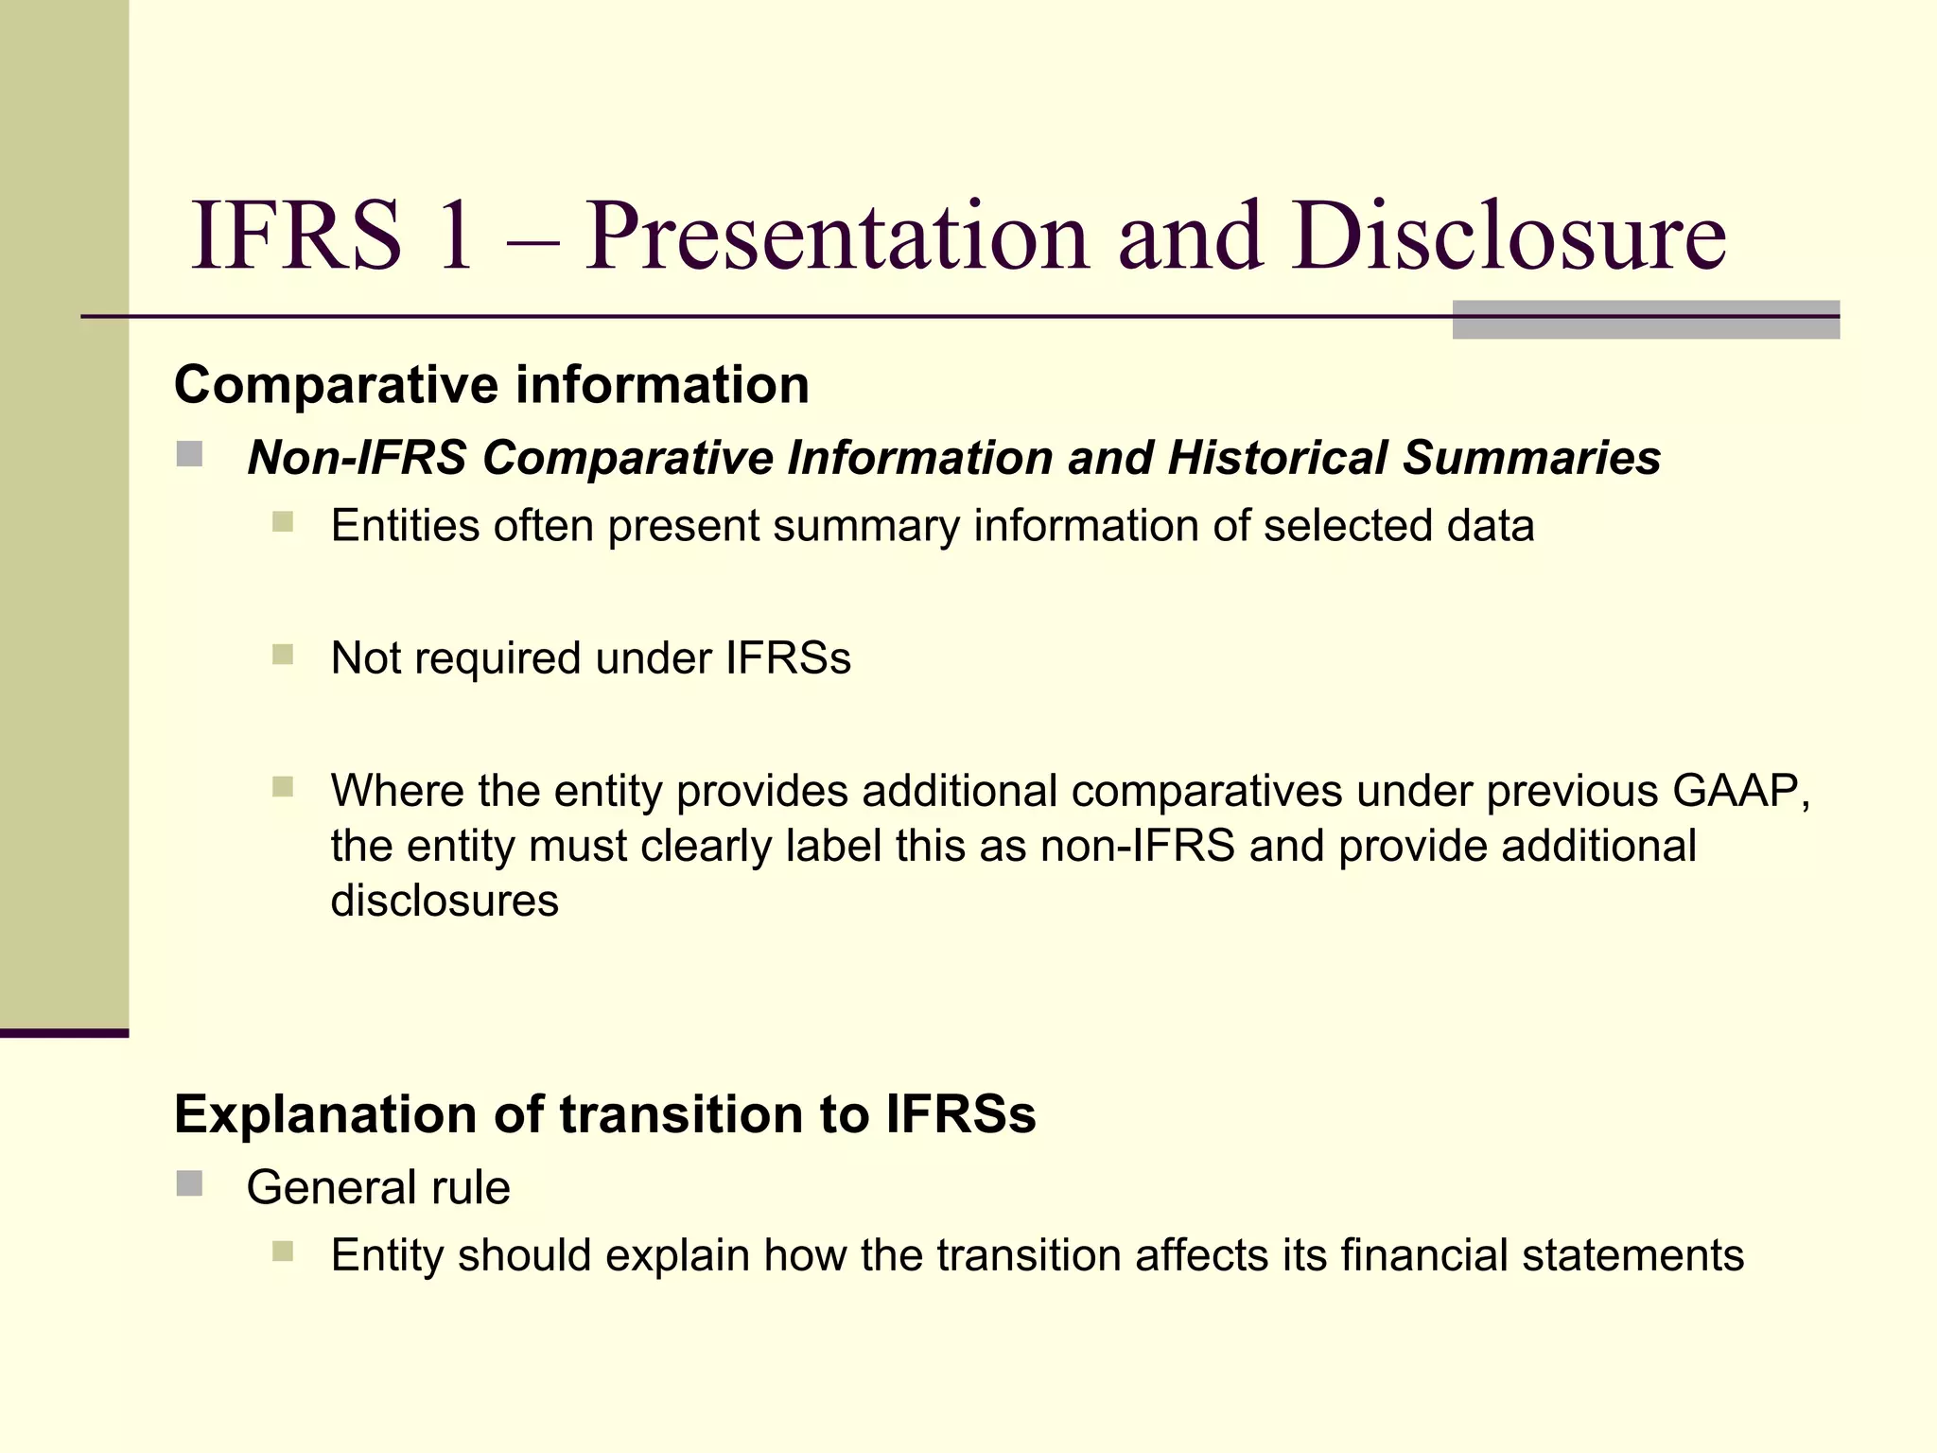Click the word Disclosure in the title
click(1509, 236)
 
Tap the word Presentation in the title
click(837, 236)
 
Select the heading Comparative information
click(491, 385)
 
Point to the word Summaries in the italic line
click(1531, 458)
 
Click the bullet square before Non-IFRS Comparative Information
click(189, 454)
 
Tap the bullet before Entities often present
click(283, 522)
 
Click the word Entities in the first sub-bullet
click(405, 526)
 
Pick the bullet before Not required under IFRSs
click(283, 655)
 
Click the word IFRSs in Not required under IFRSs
click(788, 658)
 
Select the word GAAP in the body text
click(1735, 791)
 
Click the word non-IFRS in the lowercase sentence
click(1138, 846)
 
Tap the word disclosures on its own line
click(445, 901)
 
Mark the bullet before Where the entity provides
click(283, 787)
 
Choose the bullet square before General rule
click(189, 1183)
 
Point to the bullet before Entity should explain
click(283, 1252)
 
